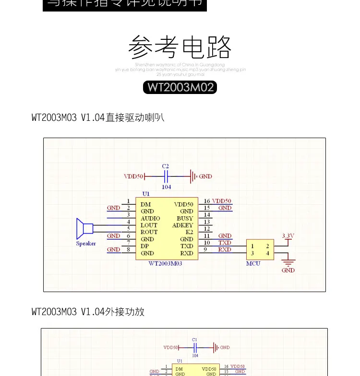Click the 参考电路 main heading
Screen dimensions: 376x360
click(180, 47)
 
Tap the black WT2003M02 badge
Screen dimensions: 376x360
click(180, 87)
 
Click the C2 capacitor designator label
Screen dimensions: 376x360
click(166, 166)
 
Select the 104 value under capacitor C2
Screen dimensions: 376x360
click(166, 187)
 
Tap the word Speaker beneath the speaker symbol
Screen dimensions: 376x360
click(86, 244)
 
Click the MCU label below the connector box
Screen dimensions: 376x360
click(253, 263)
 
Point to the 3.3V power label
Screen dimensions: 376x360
click(288, 235)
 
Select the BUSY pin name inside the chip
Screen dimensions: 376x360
click(185, 218)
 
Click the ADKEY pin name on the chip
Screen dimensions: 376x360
click(182, 225)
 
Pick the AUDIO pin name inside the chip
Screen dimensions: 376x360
click(150, 218)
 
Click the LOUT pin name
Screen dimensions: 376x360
click(149, 225)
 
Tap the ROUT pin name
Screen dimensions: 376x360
click(149, 232)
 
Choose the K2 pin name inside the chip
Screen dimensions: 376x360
click(189, 232)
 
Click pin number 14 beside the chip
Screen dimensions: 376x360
click(207, 215)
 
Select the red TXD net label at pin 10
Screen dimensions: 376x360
click(225, 243)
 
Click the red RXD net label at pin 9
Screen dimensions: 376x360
click(225, 249)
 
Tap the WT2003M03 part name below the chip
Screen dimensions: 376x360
click(166, 263)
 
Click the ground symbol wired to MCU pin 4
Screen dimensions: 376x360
click(288, 262)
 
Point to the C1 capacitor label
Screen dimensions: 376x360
click(194, 340)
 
